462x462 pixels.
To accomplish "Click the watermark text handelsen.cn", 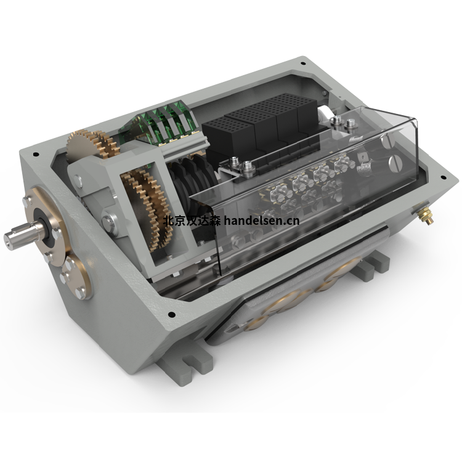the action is point(261,221).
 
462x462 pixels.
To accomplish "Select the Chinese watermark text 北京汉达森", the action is point(192,221).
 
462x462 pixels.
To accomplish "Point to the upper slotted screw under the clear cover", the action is point(388,142).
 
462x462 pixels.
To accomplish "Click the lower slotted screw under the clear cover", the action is point(395,164).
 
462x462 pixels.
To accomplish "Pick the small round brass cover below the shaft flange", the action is point(75,277).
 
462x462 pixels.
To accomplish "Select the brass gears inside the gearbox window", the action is point(149,206).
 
